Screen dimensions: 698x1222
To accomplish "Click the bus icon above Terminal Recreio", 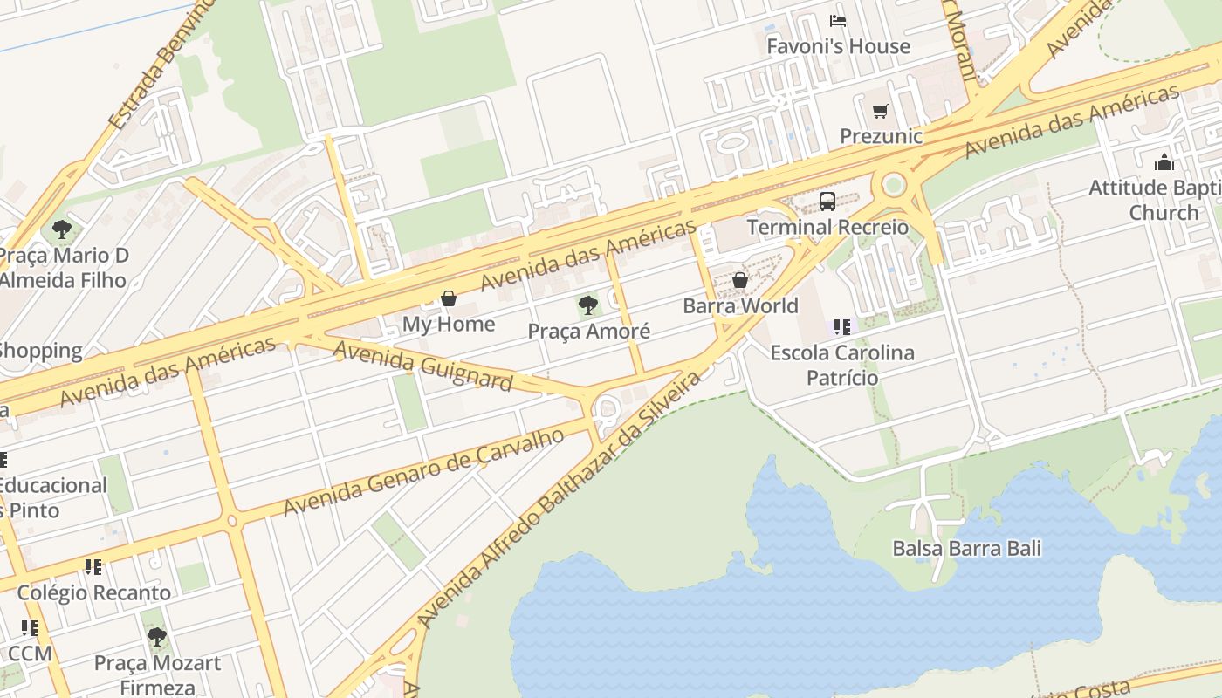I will tap(827, 202).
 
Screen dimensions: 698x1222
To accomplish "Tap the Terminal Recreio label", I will tap(827, 228).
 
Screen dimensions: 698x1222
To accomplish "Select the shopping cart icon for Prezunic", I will tap(881, 111).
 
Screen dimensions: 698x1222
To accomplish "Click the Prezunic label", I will tap(881, 136).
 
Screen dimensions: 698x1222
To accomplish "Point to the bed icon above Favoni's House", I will tap(838, 21).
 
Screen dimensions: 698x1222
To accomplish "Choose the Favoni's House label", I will tap(838, 46).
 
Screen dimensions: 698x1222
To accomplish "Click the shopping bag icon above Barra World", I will tap(740, 280).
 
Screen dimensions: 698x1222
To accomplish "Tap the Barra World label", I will tap(740, 306).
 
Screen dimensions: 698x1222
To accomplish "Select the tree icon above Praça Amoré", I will tap(588, 305).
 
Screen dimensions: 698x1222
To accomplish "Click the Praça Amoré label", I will tap(588, 332).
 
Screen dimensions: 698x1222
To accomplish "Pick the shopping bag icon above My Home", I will tap(449, 298).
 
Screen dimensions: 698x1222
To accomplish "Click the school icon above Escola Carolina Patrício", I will tap(841, 327).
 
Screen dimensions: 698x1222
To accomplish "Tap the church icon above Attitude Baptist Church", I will tap(1164, 162).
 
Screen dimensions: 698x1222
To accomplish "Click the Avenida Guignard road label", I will tap(423, 366).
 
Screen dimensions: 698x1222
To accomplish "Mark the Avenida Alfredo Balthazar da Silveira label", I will tap(559, 499).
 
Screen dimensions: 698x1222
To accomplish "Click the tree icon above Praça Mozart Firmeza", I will tap(156, 637).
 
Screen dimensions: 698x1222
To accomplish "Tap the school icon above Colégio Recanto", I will tap(93, 567).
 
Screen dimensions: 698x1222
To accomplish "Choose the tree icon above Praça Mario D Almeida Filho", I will tap(61, 229).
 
